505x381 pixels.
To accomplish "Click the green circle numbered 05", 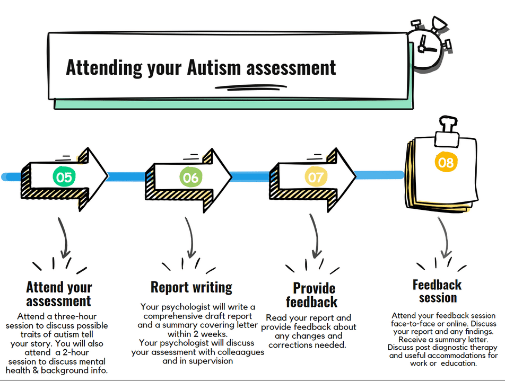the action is coord(64,176).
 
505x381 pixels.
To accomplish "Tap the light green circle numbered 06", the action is coord(190,176).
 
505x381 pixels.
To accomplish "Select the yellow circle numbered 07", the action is coord(315,176).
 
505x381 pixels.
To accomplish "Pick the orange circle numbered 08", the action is coord(446,162).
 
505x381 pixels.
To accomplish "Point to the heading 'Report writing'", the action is coord(191,287).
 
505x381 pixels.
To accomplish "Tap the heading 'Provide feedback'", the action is coord(315,295).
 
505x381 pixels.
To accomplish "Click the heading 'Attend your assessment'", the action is coord(59,295).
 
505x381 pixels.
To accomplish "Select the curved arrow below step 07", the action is coord(315,236).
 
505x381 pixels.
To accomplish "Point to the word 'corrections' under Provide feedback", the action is coord(293,345).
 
